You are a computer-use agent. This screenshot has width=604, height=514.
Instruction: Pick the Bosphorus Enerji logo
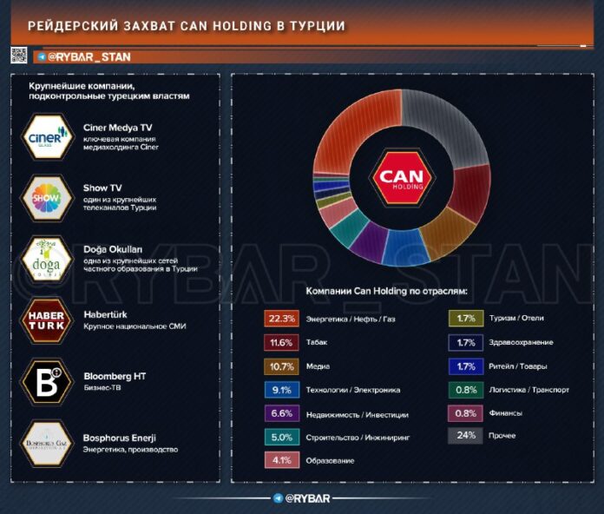(x=48, y=443)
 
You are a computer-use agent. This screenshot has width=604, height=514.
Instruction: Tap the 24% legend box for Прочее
(x=465, y=436)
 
